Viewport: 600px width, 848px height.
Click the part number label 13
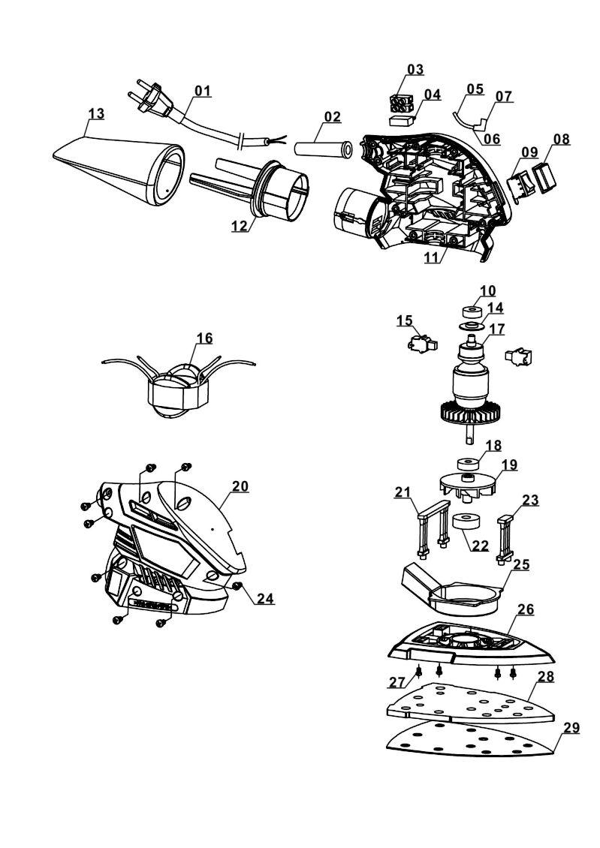(95, 113)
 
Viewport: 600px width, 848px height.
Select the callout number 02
(332, 116)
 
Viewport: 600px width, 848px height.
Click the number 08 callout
(561, 139)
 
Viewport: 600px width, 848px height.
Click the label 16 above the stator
(204, 338)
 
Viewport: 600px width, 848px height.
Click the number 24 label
(264, 599)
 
